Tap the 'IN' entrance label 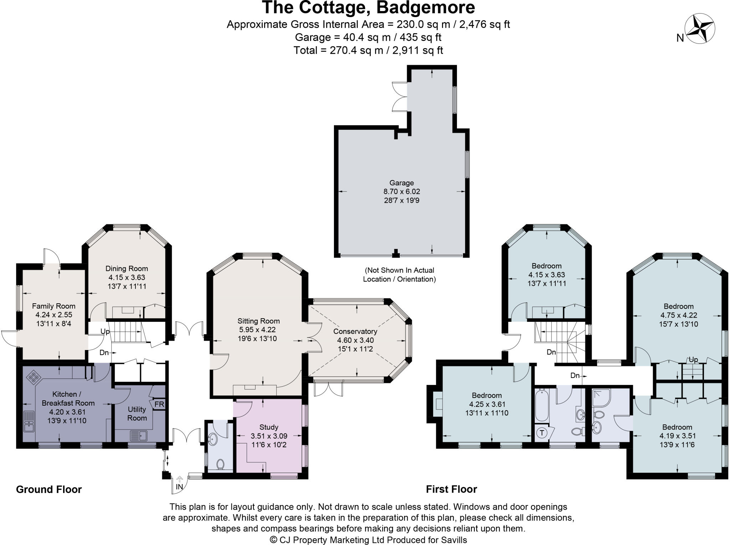tap(179, 487)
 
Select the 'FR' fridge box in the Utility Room tap(159, 405)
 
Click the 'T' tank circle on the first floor tap(542, 433)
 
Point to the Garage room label tap(401, 183)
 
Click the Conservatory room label tap(355, 331)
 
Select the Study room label tap(269, 427)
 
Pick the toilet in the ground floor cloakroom tap(220, 464)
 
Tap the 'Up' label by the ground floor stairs tap(105, 331)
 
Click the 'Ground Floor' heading tap(49, 489)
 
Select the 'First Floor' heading tap(451, 489)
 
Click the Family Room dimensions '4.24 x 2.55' tap(53, 315)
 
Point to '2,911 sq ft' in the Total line tap(417, 50)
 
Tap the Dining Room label tap(127, 268)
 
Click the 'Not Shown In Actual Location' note tap(399, 274)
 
